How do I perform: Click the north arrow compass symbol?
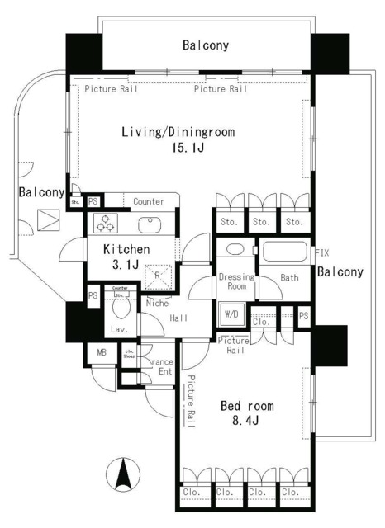point(125,476)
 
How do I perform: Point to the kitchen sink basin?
point(150,224)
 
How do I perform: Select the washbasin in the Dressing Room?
point(234,251)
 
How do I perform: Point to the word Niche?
point(157,303)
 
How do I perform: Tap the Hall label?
point(179,318)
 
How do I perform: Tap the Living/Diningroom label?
point(178,132)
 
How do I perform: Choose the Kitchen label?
point(126,250)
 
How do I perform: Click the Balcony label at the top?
point(206,45)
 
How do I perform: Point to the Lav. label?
point(118,331)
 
